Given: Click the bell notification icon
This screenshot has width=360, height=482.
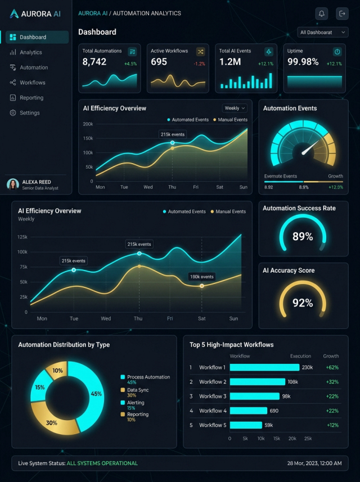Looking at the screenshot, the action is click(x=322, y=13).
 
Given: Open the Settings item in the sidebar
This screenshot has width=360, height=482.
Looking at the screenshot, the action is click(x=25, y=113).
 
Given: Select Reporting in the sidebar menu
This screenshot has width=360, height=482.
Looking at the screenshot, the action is click(x=26, y=98).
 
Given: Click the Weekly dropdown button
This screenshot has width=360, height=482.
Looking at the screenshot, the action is click(x=235, y=108).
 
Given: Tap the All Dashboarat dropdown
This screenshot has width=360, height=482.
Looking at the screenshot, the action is click(x=322, y=32).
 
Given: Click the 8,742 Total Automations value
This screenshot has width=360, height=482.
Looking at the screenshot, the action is click(x=94, y=62).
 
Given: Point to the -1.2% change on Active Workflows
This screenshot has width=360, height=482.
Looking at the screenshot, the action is click(x=199, y=64).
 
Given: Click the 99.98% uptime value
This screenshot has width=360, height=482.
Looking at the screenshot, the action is click(x=303, y=62).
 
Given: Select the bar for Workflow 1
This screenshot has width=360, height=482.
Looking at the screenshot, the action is click(x=264, y=367).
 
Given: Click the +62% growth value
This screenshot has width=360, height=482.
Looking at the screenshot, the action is click(x=332, y=367).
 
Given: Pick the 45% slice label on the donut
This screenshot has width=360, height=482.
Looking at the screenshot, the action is click(x=96, y=394).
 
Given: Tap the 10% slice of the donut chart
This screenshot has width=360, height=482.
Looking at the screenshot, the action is click(x=57, y=370).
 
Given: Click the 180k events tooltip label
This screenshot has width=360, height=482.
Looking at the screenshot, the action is click(x=202, y=277).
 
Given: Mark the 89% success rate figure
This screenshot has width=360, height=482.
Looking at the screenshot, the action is click(x=303, y=236).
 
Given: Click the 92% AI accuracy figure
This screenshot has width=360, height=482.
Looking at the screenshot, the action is click(x=303, y=303).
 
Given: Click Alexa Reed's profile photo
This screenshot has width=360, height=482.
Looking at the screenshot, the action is click(x=13, y=184).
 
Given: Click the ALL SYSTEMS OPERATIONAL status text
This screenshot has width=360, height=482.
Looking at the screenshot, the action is click(x=102, y=463).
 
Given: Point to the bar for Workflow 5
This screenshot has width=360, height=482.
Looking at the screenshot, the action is click(x=246, y=425).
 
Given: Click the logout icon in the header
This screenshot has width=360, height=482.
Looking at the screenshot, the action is click(x=342, y=13).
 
